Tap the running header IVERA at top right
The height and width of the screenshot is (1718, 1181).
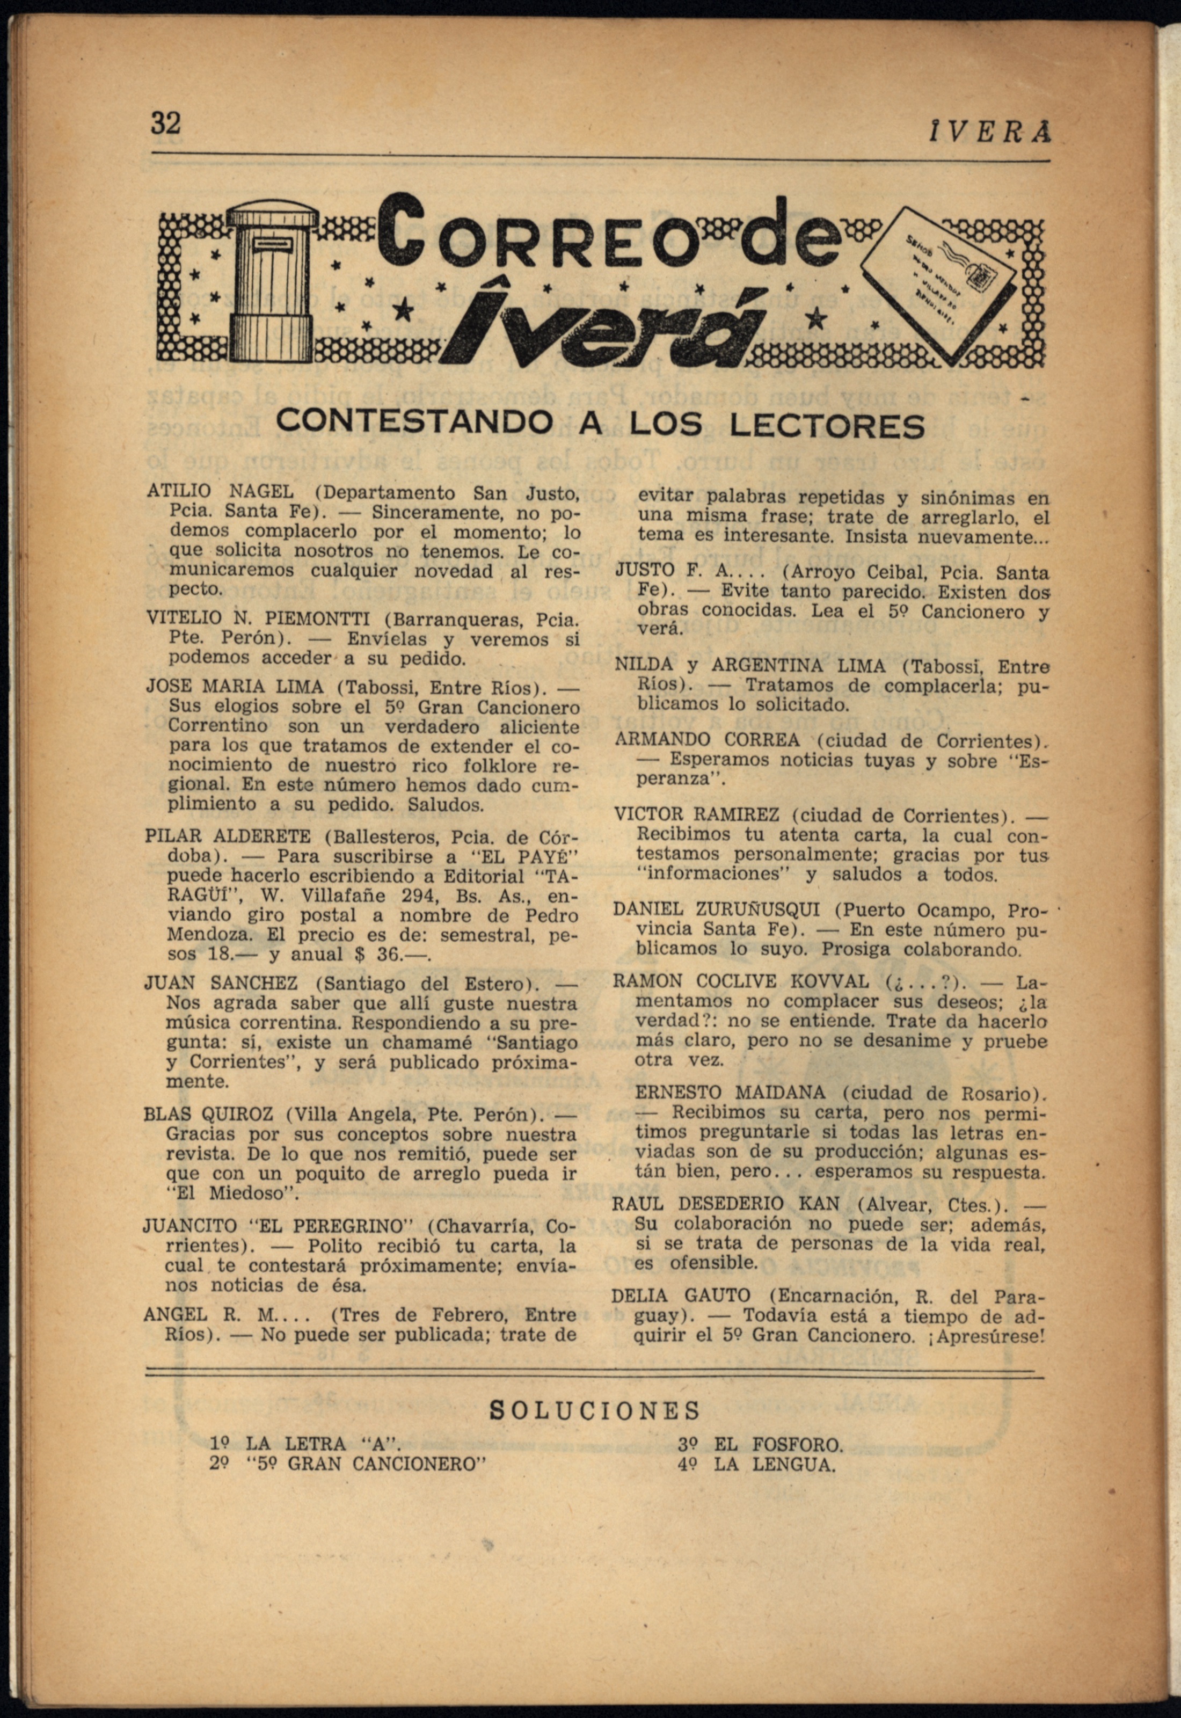[x=989, y=133]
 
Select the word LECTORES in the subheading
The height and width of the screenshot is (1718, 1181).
[x=827, y=425]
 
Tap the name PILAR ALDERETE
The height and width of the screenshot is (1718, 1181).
[x=228, y=837]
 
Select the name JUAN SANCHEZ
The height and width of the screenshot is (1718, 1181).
[x=221, y=984]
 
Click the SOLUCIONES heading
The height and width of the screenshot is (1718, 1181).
[x=595, y=1410]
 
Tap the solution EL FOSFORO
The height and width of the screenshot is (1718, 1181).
[x=778, y=1445]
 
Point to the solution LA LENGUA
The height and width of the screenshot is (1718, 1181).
[x=774, y=1464]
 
